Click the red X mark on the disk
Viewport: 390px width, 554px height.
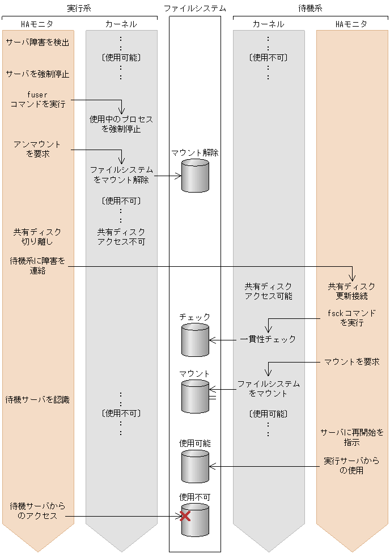(x=185, y=516)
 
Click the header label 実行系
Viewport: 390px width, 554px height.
(x=79, y=8)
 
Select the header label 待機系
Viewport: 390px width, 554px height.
(x=310, y=8)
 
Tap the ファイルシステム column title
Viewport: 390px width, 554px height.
(x=194, y=8)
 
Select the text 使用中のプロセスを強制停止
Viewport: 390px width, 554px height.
(x=121, y=125)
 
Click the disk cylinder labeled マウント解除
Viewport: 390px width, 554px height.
(x=195, y=176)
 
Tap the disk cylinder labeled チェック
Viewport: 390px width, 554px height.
(x=195, y=340)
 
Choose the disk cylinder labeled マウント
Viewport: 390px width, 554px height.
(x=195, y=396)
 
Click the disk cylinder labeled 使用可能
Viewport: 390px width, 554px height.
(x=195, y=466)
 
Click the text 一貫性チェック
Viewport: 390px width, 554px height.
(x=268, y=339)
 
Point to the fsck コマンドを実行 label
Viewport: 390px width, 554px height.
(x=351, y=318)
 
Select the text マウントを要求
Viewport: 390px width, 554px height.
(x=351, y=361)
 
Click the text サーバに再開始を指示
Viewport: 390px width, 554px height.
(x=351, y=437)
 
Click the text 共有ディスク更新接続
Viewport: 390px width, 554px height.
(x=351, y=291)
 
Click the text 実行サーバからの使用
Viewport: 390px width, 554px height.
(x=351, y=466)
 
